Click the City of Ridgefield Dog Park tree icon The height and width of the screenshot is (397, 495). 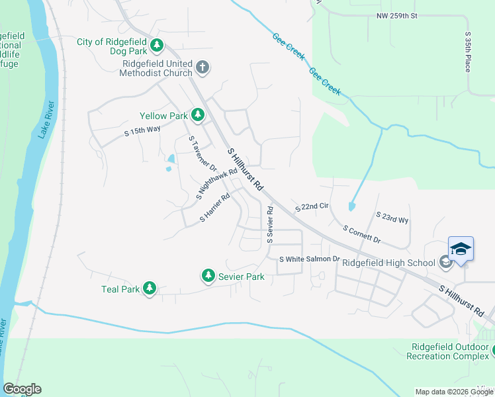[x=157, y=45]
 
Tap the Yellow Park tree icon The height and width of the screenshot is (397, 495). [x=197, y=115]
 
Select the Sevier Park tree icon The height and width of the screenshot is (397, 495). [x=208, y=275]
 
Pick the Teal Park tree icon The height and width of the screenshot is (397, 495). [x=150, y=288]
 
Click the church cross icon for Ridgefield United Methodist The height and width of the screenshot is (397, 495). [x=202, y=67]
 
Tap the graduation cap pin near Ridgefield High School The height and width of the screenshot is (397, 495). [x=461, y=249]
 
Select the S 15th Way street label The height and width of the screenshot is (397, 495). [x=143, y=132]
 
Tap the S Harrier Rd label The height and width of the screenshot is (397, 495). [x=214, y=208]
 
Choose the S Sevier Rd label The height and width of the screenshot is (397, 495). [x=270, y=224]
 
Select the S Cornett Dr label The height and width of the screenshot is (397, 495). [x=361, y=233]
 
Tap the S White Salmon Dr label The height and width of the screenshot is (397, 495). [x=309, y=259]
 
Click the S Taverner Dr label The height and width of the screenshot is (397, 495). [x=203, y=154]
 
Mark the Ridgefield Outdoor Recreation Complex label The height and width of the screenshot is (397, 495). [x=451, y=351]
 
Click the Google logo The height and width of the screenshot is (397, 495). [x=22, y=389]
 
